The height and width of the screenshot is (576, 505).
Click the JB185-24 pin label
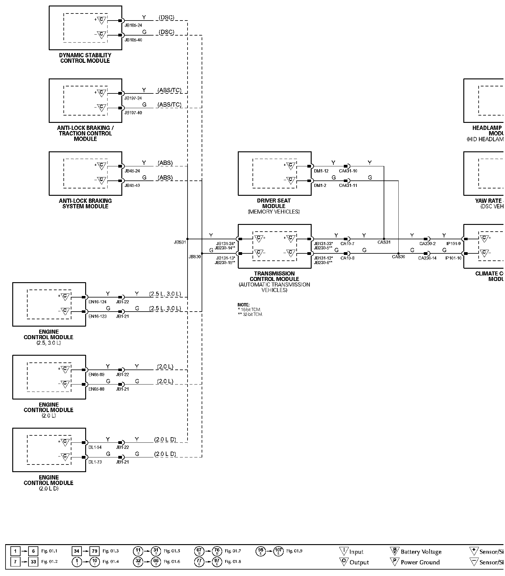tap(133, 25)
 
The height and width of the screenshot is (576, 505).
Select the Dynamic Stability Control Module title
tap(85, 58)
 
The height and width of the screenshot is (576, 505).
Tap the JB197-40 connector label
tap(133, 113)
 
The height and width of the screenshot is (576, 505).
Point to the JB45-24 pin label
tap(132, 171)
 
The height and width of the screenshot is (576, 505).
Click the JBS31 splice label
tap(180, 242)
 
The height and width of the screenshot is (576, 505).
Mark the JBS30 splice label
tap(195, 257)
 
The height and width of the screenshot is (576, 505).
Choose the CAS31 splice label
tap(384, 242)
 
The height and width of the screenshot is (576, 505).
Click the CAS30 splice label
tap(398, 257)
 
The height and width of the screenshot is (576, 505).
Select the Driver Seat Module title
tap(274, 203)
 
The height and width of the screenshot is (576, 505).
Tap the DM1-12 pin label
tap(321, 171)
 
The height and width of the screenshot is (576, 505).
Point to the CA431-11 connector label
tap(348, 185)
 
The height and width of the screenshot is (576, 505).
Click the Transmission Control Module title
tap(274, 276)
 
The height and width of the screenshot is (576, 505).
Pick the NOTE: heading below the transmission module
tap(244, 305)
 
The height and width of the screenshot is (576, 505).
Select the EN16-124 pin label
tap(97, 302)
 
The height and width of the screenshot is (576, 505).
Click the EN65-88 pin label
tap(96, 389)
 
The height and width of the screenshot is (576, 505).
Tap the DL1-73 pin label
tap(95, 462)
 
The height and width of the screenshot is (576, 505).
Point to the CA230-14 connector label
tap(427, 258)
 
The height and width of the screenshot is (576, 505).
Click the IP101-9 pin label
tap(454, 244)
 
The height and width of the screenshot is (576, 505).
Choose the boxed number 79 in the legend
tap(94, 551)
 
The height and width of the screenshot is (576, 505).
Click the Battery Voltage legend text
tap(421, 552)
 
